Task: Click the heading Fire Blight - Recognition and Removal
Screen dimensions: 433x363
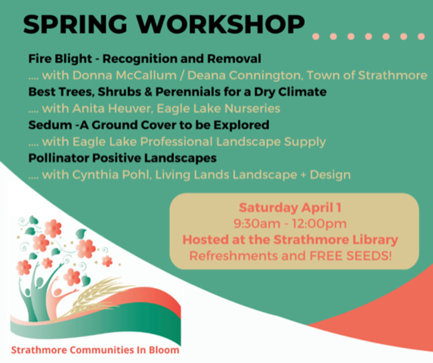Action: click(145, 59)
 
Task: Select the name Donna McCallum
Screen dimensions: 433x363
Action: click(125, 75)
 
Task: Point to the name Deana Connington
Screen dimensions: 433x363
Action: click(244, 75)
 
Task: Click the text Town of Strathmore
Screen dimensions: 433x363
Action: click(367, 75)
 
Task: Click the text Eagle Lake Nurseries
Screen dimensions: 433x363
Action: click(219, 109)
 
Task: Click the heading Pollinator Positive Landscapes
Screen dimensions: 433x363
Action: click(123, 158)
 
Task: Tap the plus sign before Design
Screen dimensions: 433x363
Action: click(303, 175)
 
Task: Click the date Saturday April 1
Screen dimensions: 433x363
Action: click(290, 208)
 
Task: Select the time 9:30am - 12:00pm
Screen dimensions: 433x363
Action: click(290, 223)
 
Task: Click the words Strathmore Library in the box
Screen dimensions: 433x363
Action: click(335, 239)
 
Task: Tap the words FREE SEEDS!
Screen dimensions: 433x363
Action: click(351, 256)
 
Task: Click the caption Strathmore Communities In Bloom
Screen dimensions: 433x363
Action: click(95, 350)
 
